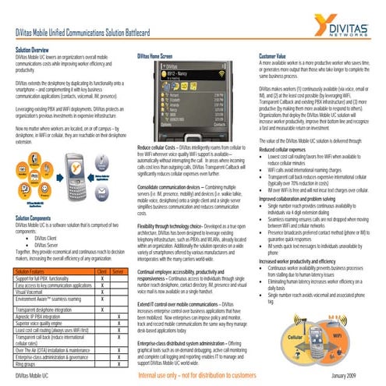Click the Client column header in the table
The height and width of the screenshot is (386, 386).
101,270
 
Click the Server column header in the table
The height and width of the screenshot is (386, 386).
119,270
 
